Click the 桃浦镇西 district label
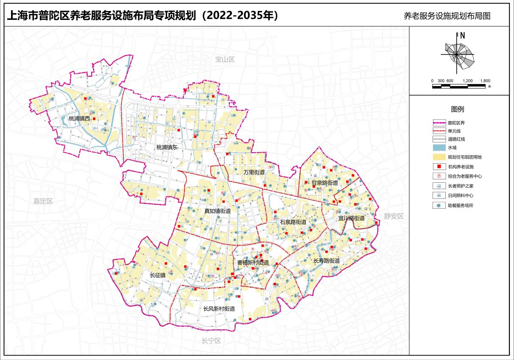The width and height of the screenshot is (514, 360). [79, 119]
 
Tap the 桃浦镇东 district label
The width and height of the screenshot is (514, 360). [167, 148]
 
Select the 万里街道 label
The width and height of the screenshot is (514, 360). [254, 172]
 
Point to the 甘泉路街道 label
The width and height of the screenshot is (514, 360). [325, 183]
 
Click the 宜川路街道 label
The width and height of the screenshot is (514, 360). [351, 218]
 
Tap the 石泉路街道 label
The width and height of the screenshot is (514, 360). [293, 222]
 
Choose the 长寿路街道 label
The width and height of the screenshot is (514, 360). [327, 261]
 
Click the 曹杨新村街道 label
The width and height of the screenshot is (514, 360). [253, 262]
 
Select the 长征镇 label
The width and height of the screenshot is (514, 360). [157, 275]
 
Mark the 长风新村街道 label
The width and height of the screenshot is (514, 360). [219, 309]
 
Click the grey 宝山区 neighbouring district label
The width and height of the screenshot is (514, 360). [225, 59]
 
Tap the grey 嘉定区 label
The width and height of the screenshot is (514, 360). [43, 201]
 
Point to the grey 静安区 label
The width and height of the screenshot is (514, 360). [394, 216]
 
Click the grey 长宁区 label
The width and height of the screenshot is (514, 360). [211, 340]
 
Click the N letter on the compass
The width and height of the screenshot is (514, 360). [463, 36]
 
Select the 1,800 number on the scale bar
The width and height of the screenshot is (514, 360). [485, 81]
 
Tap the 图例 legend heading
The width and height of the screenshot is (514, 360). [458, 109]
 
